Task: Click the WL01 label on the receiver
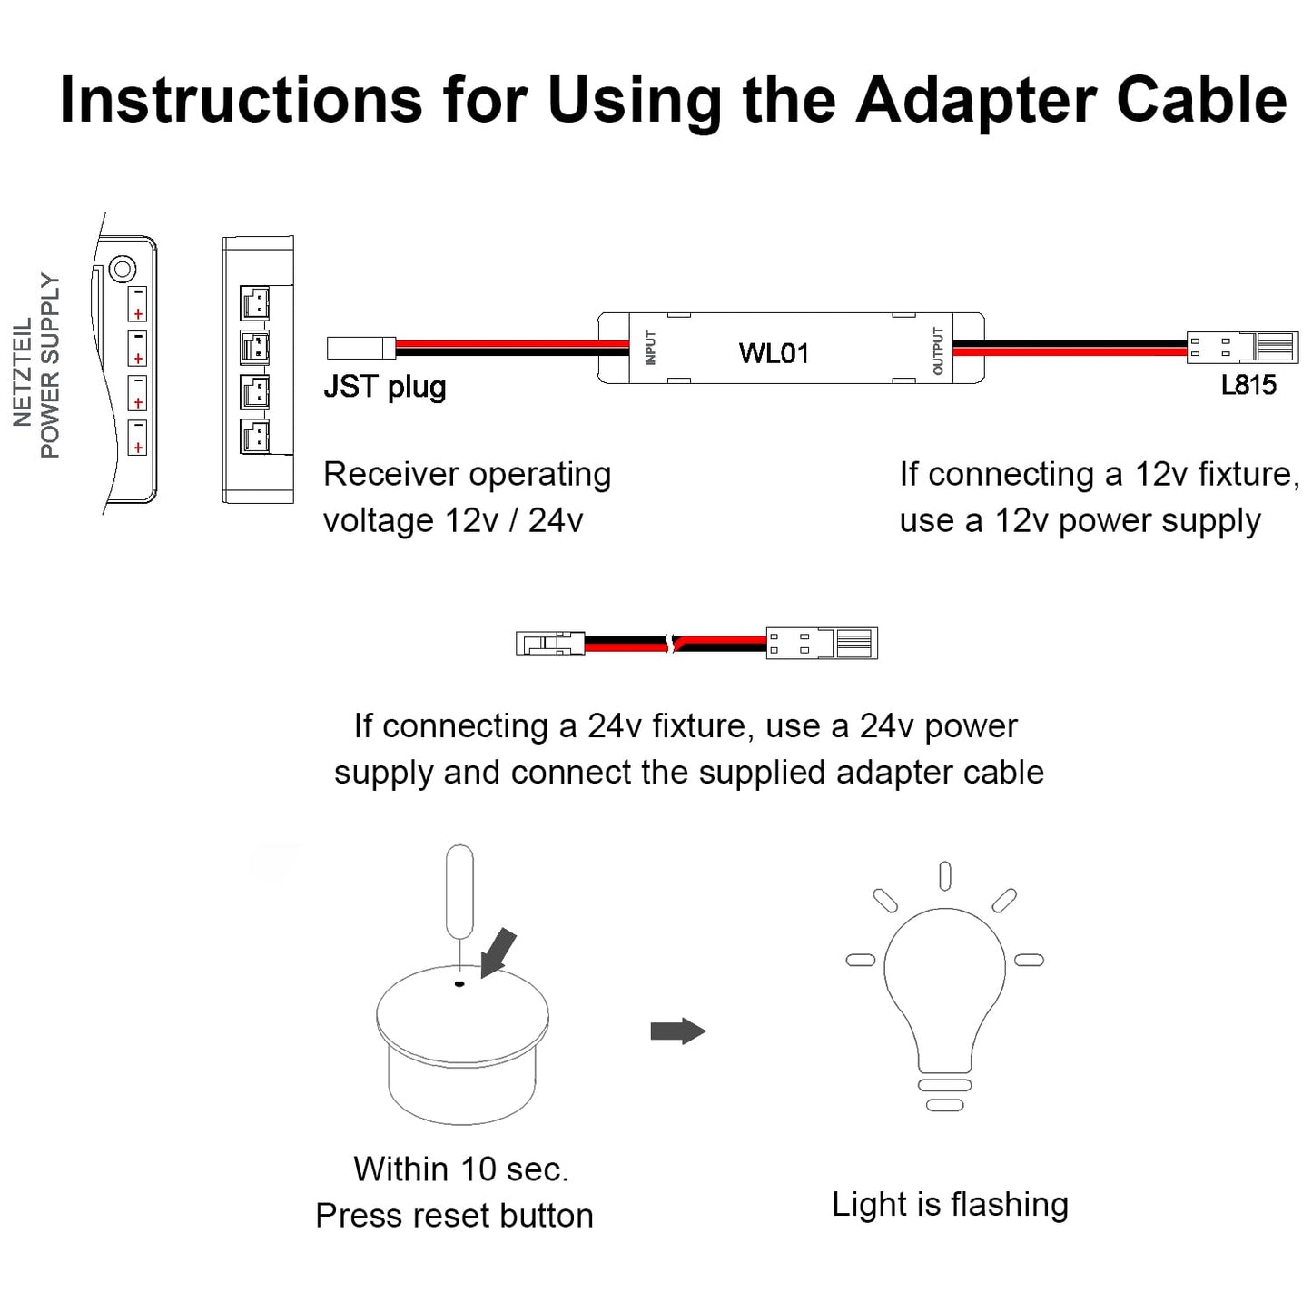tap(773, 352)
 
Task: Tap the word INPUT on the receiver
tap(650, 348)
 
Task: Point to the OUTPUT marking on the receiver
tap(938, 350)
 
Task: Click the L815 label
tap(1248, 385)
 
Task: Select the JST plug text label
tap(385, 387)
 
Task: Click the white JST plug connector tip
tap(360, 347)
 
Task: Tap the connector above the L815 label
tap(1241, 347)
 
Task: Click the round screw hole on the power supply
tap(122, 269)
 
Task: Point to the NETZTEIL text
tap(22, 372)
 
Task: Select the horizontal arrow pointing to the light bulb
tap(677, 1031)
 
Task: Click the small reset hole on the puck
tap(459, 983)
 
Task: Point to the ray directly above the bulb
tap(945, 875)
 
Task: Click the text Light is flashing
tap(950, 1204)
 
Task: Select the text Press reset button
tap(454, 1215)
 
